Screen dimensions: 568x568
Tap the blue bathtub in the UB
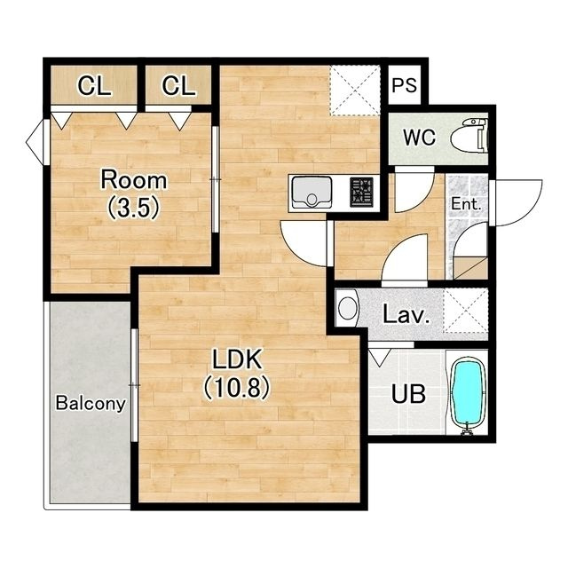pos(469,395)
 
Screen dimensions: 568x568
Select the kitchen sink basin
pos(312,192)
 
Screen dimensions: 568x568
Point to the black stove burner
pos(361,192)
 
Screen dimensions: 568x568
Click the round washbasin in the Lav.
pos(347,308)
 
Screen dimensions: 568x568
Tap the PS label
pos(405,85)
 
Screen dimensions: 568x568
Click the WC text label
pos(419,138)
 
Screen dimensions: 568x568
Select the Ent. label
pos(466,204)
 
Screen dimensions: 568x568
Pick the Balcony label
pos(91,403)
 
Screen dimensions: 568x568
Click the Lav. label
pos(406,314)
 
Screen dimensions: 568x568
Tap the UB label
pos(408,394)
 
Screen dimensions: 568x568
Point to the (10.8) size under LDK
pos(237,387)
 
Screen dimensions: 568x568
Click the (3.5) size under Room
pos(134,208)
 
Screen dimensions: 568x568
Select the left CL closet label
pos(94,86)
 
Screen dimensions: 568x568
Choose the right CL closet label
pos(178,86)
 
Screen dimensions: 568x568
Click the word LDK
pos(237,359)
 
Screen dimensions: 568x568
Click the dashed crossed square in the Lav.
pos(465,310)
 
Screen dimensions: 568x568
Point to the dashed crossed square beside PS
pos(355,91)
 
